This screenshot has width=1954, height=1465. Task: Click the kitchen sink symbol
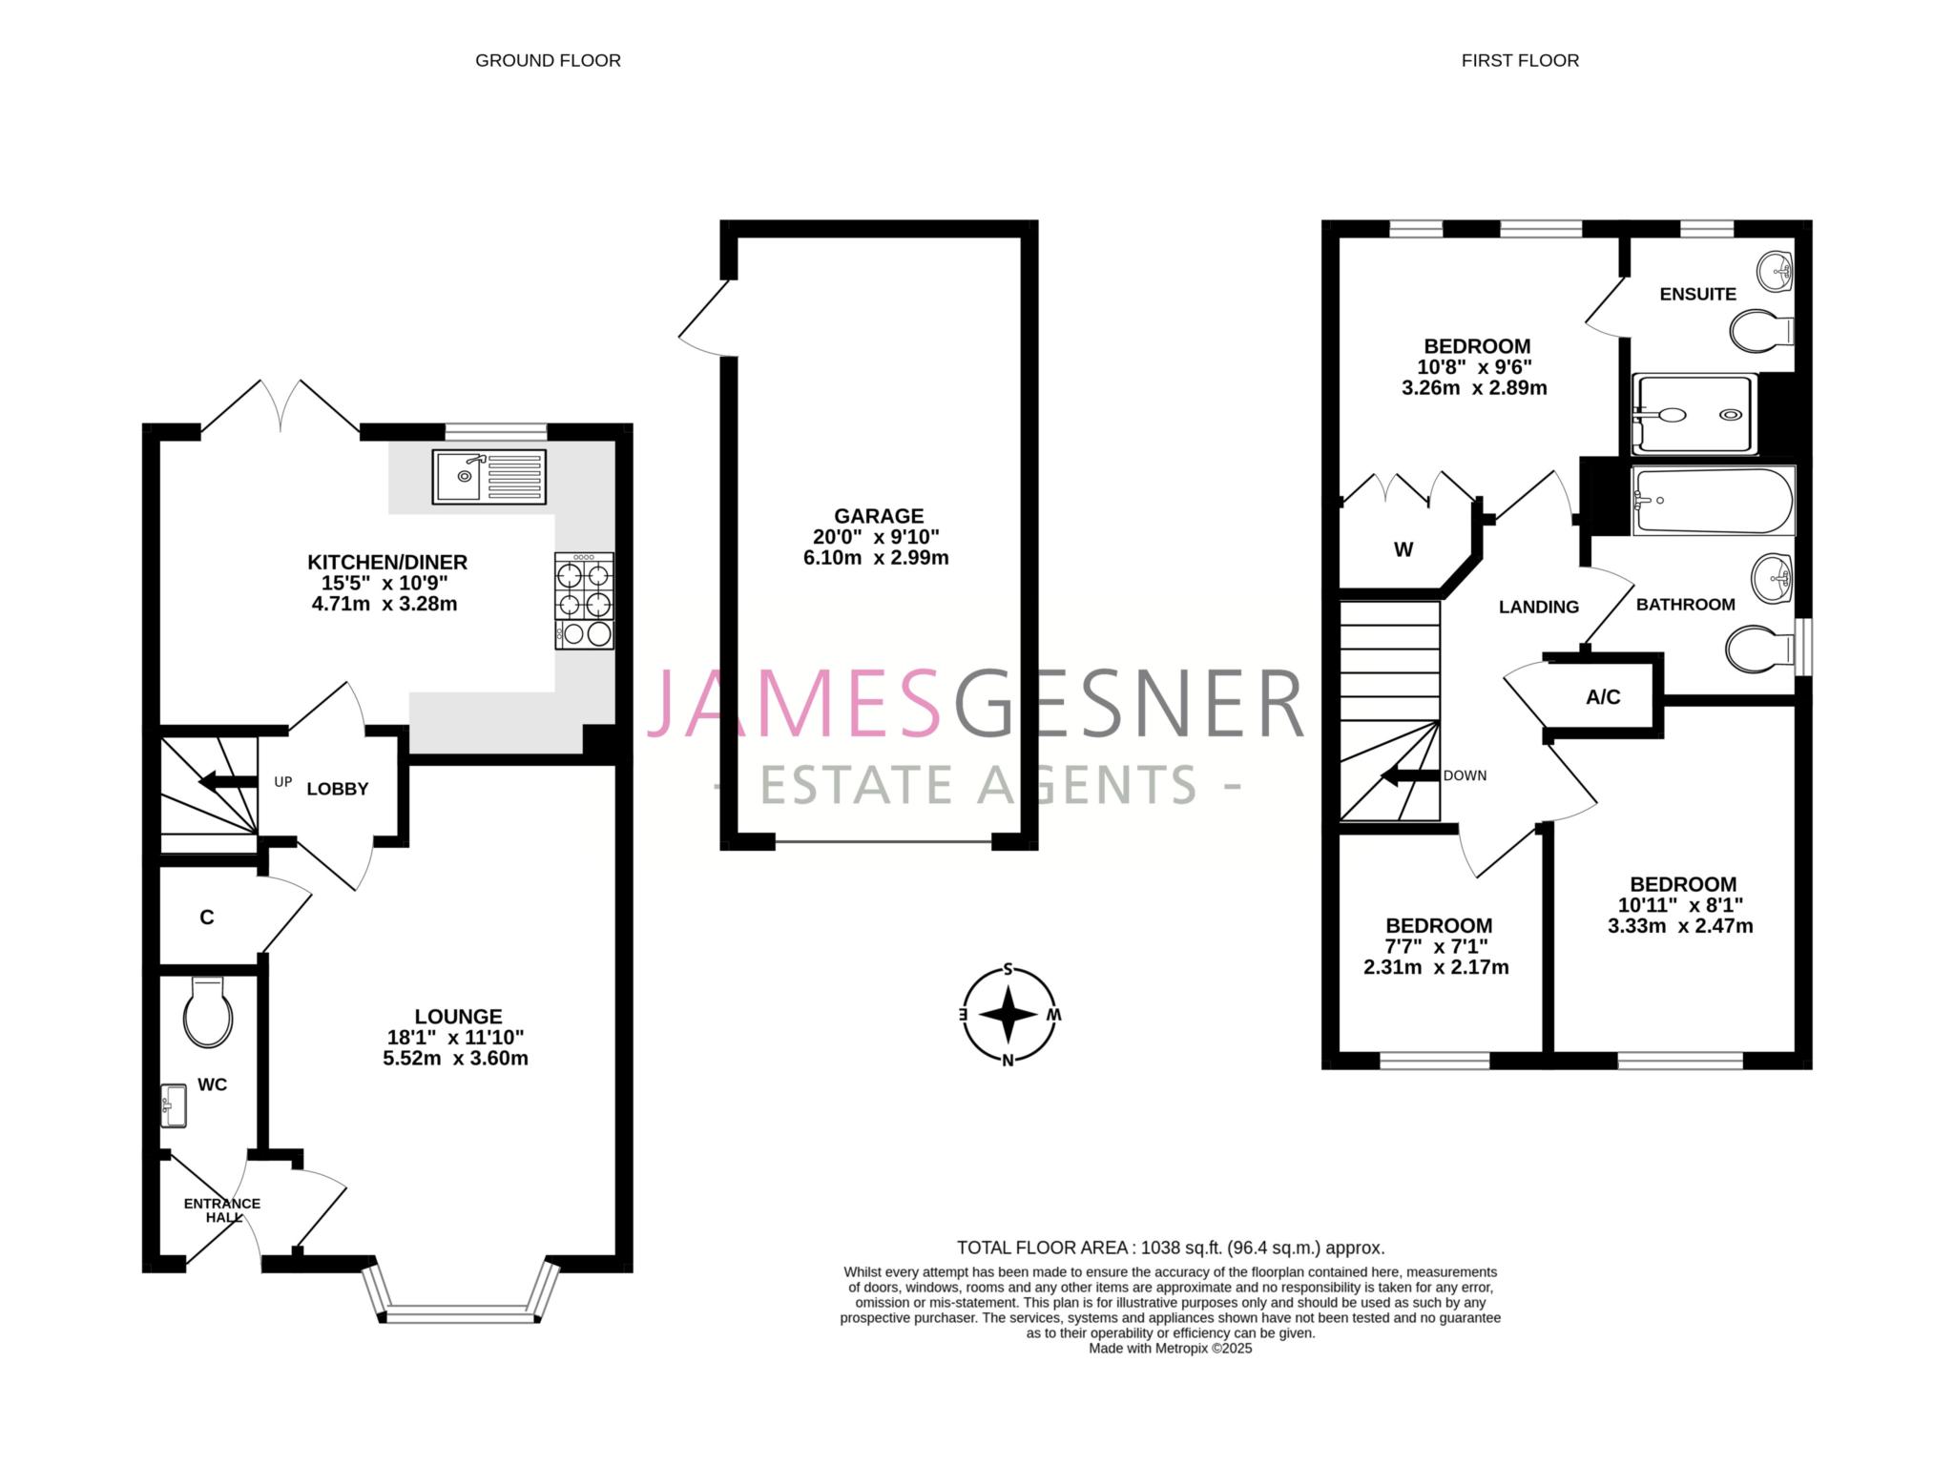[488, 476]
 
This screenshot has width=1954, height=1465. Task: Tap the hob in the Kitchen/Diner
[584, 601]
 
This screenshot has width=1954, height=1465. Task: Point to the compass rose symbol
[1008, 1015]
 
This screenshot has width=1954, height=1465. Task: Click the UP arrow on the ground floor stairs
[227, 782]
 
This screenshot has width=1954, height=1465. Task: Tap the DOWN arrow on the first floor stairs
[1410, 775]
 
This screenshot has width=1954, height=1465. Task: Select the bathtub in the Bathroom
[1714, 501]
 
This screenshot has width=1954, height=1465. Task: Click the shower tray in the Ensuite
[1694, 415]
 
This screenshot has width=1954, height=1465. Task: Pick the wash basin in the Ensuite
[1775, 273]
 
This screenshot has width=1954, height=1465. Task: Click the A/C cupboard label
[1603, 697]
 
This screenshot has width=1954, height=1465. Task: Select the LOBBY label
[337, 789]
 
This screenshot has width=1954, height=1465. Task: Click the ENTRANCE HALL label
[222, 1209]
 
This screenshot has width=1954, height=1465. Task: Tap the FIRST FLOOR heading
[1520, 60]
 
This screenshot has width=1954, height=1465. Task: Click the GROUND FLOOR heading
[548, 60]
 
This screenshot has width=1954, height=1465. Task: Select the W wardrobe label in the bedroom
[1403, 549]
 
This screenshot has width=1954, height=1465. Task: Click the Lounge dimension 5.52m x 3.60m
[455, 1058]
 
